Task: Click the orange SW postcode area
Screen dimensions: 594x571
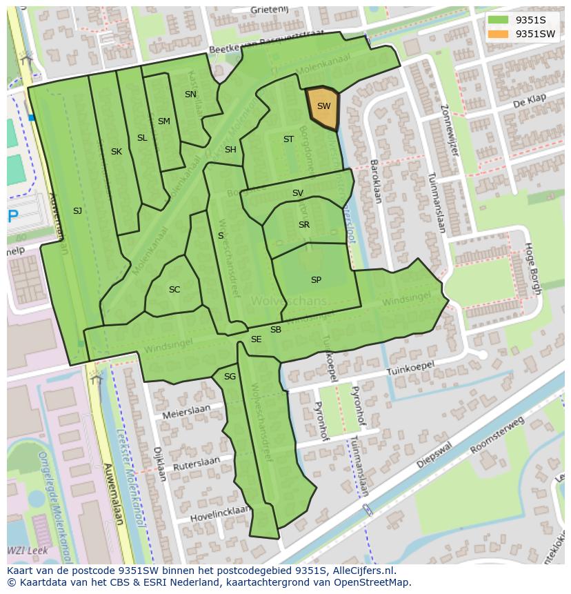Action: point(322,108)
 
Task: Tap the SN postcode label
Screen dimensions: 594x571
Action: point(190,95)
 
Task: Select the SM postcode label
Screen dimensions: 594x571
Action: point(163,121)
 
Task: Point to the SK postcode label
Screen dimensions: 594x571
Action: point(117,152)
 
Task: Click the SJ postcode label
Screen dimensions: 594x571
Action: point(77,211)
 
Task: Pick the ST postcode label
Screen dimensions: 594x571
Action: point(288,139)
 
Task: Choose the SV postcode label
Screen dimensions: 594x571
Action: point(298,193)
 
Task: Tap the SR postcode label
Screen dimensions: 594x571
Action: point(304,225)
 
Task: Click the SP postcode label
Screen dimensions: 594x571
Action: point(316,280)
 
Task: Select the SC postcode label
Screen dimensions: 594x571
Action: point(174,290)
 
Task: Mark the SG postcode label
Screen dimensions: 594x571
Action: point(230,377)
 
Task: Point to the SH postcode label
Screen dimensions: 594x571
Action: point(230,150)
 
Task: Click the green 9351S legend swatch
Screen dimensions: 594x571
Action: point(498,20)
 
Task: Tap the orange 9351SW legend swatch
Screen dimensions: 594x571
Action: point(498,34)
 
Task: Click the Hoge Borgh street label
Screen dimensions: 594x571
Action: point(532,268)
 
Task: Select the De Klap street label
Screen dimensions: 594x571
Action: point(526,103)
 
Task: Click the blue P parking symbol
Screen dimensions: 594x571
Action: point(13,217)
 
